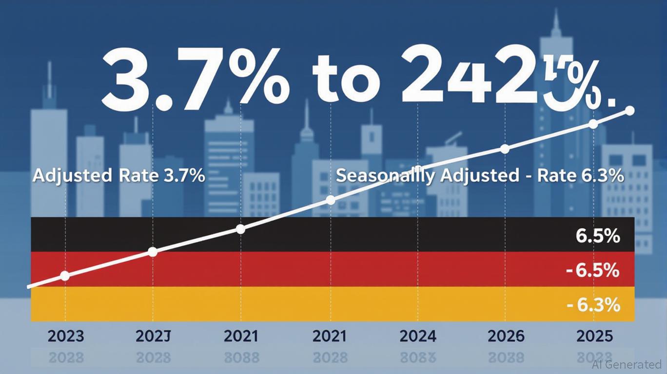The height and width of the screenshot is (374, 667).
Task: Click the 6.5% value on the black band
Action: coord(598,236)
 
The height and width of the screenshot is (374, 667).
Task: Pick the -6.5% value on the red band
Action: coord(593,270)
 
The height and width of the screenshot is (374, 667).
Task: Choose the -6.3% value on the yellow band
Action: coord(594,305)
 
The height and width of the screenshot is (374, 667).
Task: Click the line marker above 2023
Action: coord(65,276)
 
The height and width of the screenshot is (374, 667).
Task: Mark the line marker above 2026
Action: coord(505,149)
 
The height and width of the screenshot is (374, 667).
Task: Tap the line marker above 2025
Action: coord(593,124)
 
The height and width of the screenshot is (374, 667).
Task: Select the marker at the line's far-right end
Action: coord(629,111)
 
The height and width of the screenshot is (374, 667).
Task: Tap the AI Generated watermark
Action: coord(627,364)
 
